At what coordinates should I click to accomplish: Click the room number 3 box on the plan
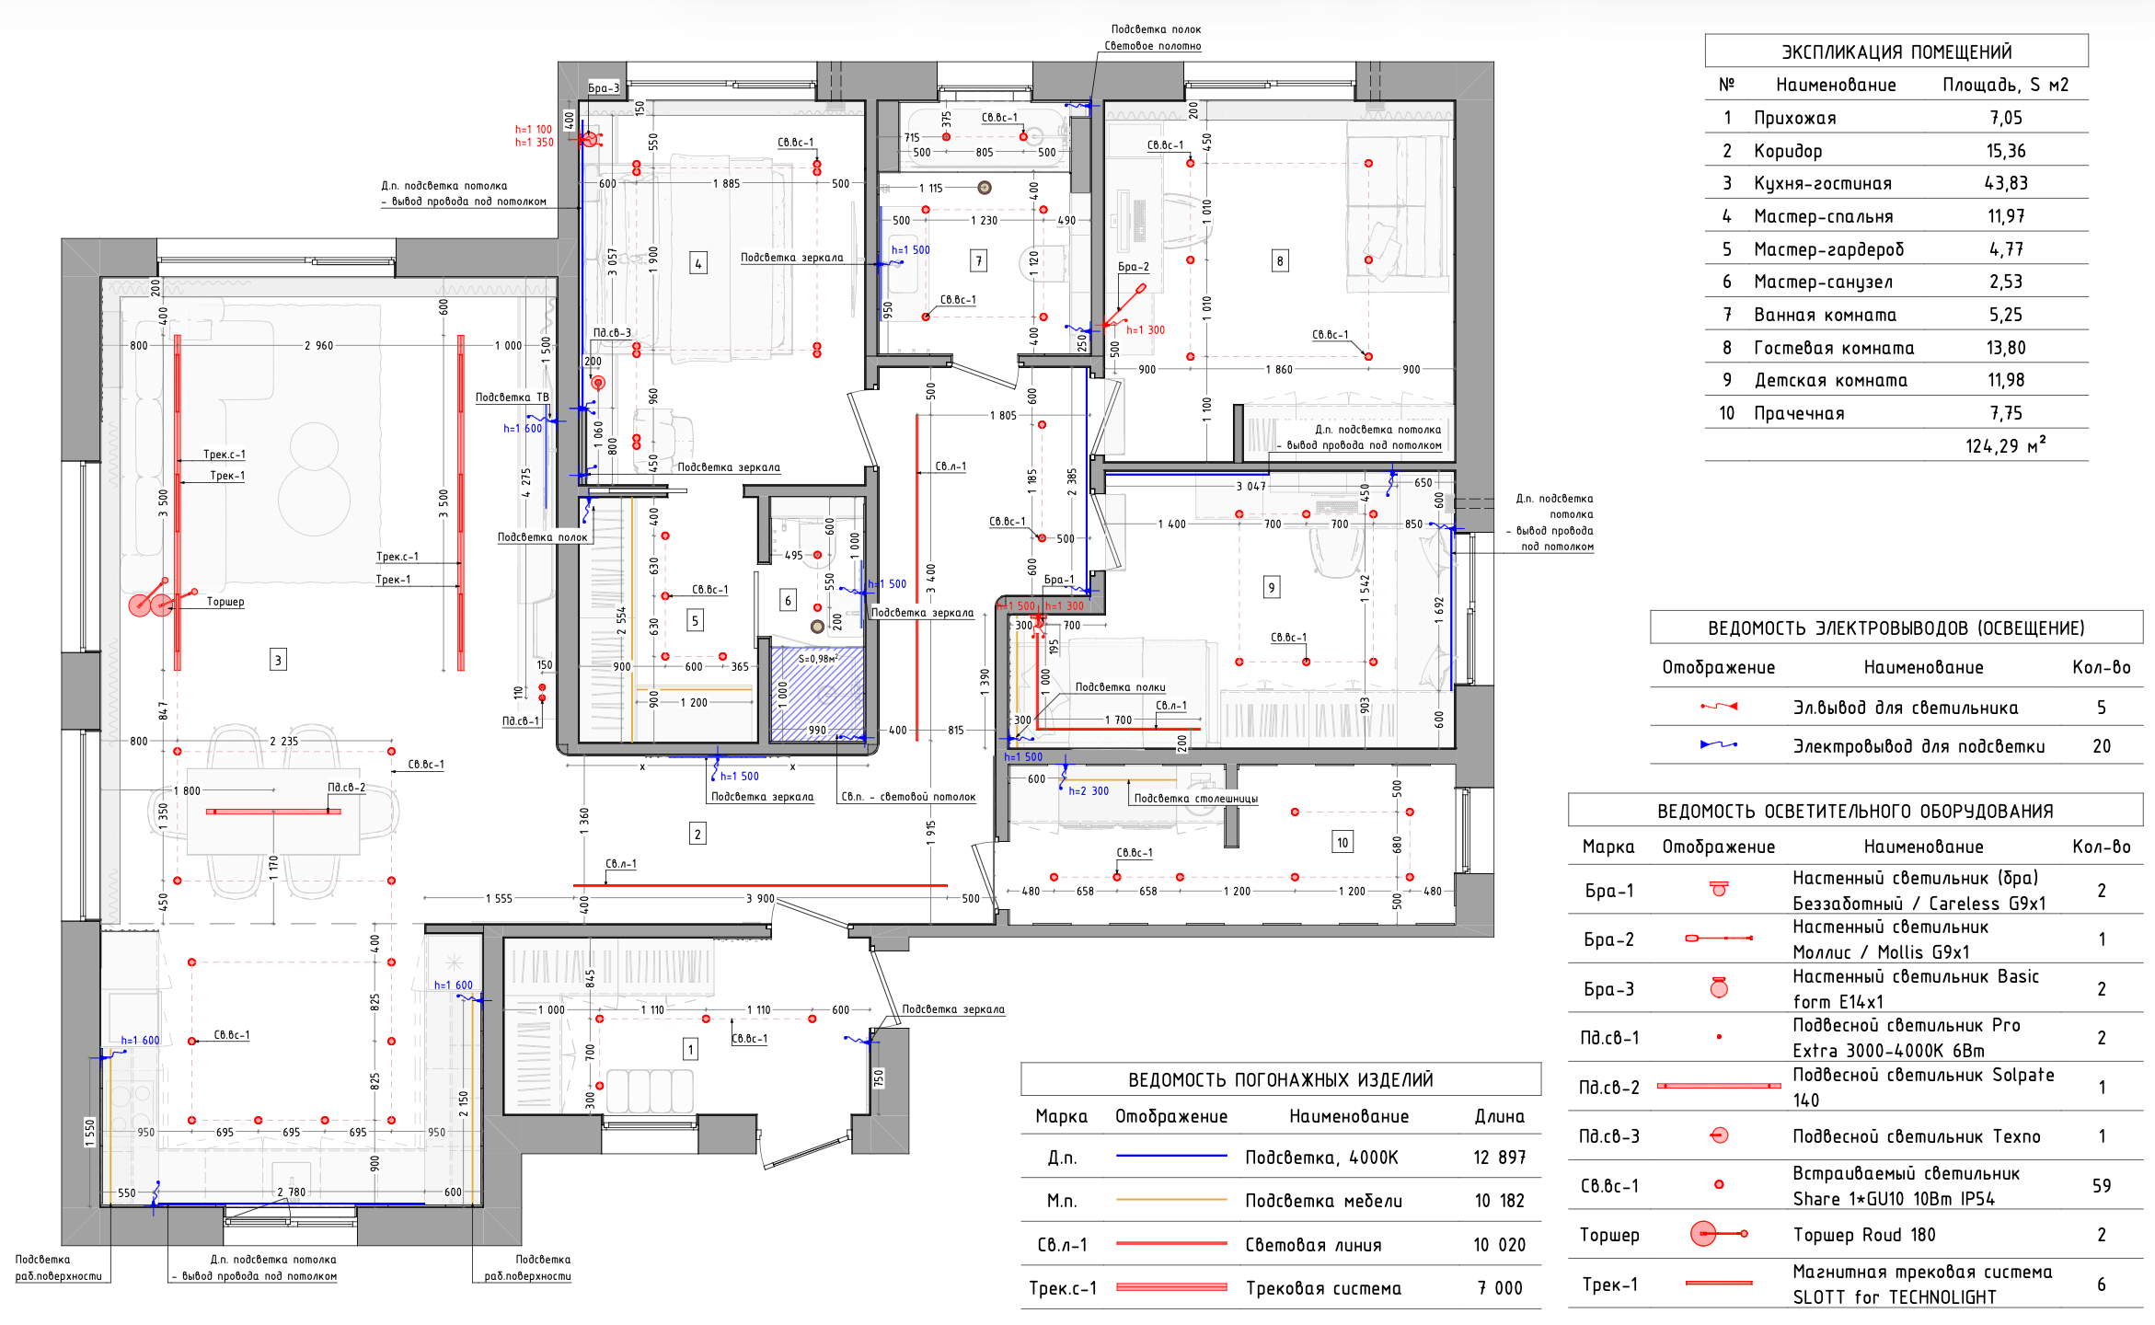pyautogui.click(x=278, y=660)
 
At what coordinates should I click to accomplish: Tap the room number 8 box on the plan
pyautogui.click(x=1280, y=261)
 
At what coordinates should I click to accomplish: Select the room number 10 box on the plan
pyautogui.click(x=1343, y=842)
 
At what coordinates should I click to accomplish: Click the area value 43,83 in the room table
pyautogui.click(x=2006, y=183)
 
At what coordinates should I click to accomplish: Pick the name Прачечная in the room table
pyautogui.click(x=1799, y=413)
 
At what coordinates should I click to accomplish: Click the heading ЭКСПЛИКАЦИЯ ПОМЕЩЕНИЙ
pyautogui.click(x=1896, y=52)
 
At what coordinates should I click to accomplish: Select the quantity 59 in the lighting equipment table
pyautogui.click(x=2102, y=1186)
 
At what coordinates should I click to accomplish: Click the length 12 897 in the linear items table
pyautogui.click(x=1500, y=1158)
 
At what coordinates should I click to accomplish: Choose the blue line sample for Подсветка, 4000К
pyautogui.click(x=1171, y=1156)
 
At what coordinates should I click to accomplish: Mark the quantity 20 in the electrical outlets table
pyautogui.click(x=2102, y=746)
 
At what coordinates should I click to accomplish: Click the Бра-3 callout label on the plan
pyautogui.click(x=604, y=87)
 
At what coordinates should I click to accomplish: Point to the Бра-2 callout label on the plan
pyautogui.click(x=1134, y=267)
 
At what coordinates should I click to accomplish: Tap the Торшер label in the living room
pyautogui.click(x=225, y=602)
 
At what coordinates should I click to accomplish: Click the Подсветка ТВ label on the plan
pyautogui.click(x=512, y=397)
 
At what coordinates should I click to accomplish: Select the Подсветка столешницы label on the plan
pyautogui.click(x=1195, y=799)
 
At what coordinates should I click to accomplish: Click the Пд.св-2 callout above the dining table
pyautogui.click(x=347, y=788)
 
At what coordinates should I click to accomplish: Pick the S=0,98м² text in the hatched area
pyautogui.click(x=818, y=659)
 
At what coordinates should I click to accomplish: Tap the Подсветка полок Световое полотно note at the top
pyautogui.click(x=1154, y=38)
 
